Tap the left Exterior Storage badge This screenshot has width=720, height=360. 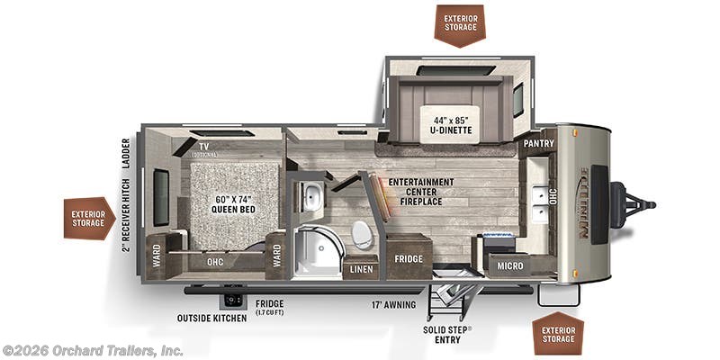click(88, 218)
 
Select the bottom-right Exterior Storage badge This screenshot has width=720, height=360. click(558, 336)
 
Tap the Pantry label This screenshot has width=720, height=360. click(537, 144)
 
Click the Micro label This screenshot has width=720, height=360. click(509, 266)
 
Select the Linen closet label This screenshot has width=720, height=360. click(362, 268)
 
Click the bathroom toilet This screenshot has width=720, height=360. click(361, 233)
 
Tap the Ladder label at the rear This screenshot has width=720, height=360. click(126, 157)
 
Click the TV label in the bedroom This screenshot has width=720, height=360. click(204, 144)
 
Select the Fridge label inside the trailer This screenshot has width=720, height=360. click(409, 258)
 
